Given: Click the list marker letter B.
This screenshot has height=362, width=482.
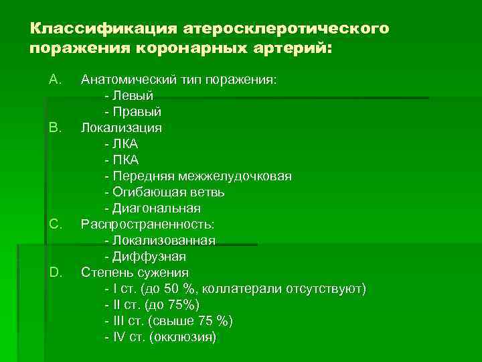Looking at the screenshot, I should (56, 127).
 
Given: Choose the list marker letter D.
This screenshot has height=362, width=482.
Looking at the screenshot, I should (56, 271).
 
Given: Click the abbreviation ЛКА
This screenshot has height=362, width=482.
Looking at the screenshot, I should (128, 143).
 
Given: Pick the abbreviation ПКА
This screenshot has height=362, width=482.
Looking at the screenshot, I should (128, 160).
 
